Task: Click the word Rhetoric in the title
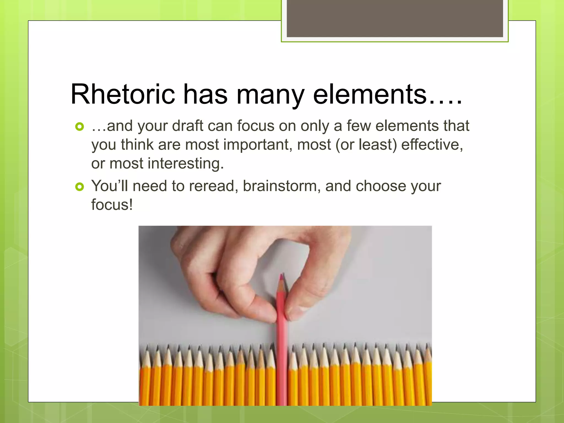click(x=123, y=94)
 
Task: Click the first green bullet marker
click(x=79, y=127)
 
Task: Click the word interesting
click(x=186, y=164)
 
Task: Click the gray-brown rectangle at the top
click(x=395, y=18)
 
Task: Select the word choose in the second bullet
click(x=381, y=186)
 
